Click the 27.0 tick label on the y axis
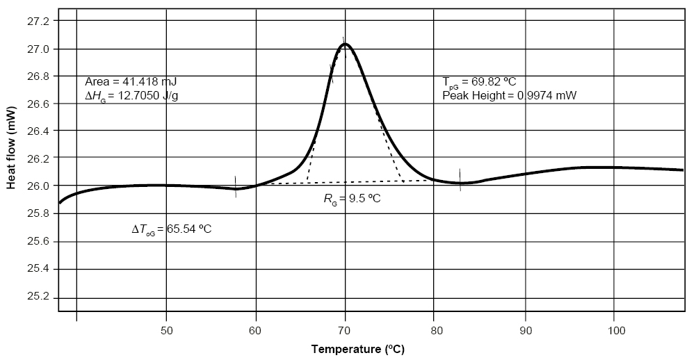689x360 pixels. point(39,49)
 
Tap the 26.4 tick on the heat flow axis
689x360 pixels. point(39,131)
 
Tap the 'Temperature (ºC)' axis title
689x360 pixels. point(357,349)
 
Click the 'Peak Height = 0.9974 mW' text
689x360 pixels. point(510,95)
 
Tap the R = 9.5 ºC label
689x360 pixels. point(352,199)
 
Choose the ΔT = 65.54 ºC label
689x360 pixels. point(172,229)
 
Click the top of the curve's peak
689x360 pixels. point(345,44)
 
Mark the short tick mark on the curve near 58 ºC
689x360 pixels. point(236,187)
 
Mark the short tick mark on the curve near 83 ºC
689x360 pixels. point(460,180)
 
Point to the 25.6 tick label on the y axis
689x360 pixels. point(39,242)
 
